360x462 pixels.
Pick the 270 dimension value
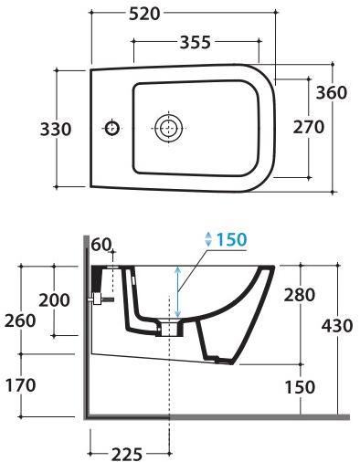[308, 127]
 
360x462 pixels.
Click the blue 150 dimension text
[232, 239]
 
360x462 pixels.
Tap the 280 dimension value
[299, 295]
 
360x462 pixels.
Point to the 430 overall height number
[336, 325]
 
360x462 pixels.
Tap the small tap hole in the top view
[111, 127]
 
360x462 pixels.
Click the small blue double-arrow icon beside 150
[208, 239]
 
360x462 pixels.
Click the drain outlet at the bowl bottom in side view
[171, 327]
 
